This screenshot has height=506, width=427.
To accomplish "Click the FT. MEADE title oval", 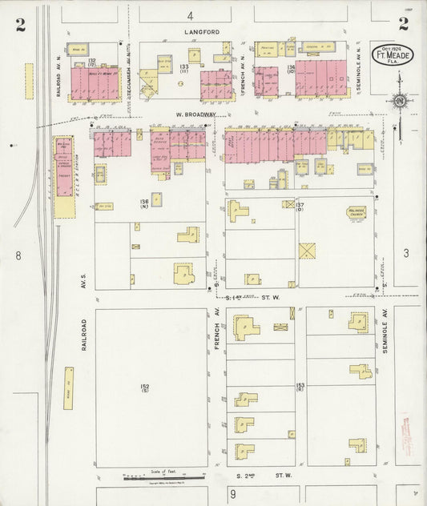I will (x=396, y=56).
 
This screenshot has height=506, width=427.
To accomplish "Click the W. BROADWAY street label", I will (x=191, y=114).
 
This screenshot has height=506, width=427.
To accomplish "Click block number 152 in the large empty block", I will (x=145, y=388).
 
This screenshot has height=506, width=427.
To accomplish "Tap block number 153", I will (x=300, y=388).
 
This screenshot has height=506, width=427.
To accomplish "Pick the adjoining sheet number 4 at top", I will (x=191, y=15).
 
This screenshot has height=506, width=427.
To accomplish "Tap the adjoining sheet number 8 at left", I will (x=17, y=255).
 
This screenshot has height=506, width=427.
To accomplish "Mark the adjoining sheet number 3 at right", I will (x=406, y=254).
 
